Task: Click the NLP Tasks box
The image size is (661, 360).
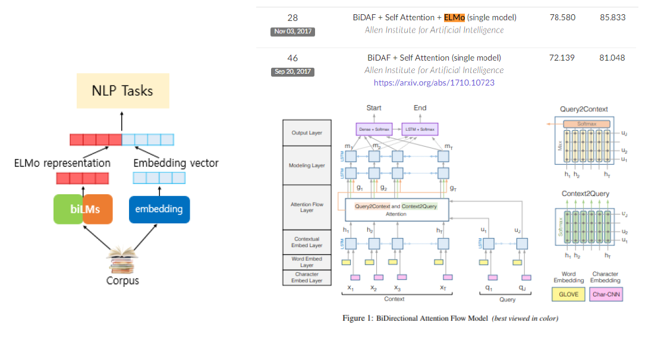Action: point(122,91)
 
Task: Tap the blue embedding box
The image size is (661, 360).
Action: point(159,209)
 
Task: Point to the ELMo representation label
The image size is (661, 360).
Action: point(62,163)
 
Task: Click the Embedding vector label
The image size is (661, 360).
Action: point(176,163)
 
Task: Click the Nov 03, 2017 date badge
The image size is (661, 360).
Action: point(292,31)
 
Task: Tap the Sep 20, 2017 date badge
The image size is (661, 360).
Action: point(292,71)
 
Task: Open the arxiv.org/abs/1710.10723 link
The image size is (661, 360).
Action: point(434,83)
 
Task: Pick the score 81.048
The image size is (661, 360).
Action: point(612,58)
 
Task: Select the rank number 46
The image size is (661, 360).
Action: point(292,58)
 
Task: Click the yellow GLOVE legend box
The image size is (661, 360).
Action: point(568,294)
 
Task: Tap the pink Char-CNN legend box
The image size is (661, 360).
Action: point(606,294)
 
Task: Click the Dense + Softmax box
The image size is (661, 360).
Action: point(373,129)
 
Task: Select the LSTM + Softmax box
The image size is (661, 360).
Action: point(420,129)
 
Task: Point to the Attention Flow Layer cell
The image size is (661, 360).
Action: point(307,207)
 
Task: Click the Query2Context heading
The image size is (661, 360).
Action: point(584,109)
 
